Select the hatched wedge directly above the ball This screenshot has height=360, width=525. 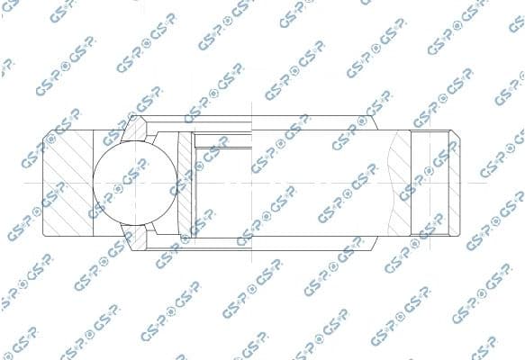[135, 130]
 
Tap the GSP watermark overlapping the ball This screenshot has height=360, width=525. [126, 175]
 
